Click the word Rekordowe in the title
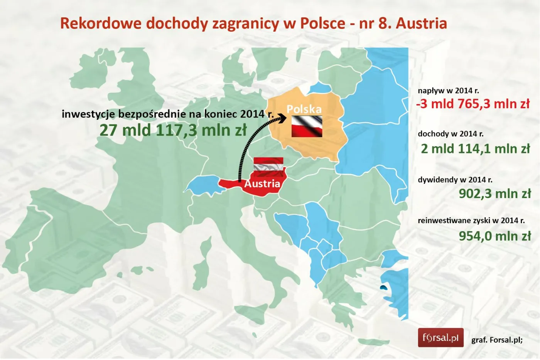click(x=101, y=24)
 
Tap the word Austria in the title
click(x=421, y=24)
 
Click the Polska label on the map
click(x=304, y=109)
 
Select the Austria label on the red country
click(x=262, y=183)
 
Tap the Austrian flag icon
click(x=268, y=167)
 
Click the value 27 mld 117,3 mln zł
click(x=173, y=130)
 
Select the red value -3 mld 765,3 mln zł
click(x=473, y=104)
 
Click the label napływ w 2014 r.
click(x=448, y=91)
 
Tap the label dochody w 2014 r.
click(x=451, y=134)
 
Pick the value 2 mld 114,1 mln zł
click(x=475, y=148)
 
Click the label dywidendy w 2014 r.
click(x=455, y=180)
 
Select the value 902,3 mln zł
click(x=494, y=193)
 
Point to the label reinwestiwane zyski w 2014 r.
click(x=471, y=220)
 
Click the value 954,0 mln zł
click(x=494, y=236)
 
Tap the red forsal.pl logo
click(x=440, y=338)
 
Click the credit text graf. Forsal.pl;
click(x=497, y=340)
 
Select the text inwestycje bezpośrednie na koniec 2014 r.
click(x=167, y=114)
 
